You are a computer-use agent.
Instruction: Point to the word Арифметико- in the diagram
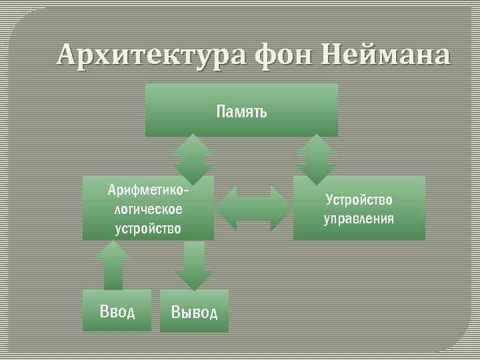click(x=148, y=192)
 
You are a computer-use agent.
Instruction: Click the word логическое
click(x=148, y=210)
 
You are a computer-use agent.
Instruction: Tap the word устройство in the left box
click(x=148, y=228)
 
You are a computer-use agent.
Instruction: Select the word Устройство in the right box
click(x=359, y=199)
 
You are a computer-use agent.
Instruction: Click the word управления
click(x=359, y=218)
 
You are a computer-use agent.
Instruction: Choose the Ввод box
click(x=117, y=311)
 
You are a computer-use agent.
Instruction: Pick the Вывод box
click(x=194, y=311)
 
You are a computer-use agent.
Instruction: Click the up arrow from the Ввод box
click(x=113, y=265)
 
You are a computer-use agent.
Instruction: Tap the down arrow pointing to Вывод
click(x=193, y=265)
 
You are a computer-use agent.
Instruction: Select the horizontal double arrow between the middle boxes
click(x=254, y=208)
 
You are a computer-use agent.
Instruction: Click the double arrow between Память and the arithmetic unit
click(x=193, y=159)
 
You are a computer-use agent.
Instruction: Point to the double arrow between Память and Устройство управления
click(x=317, y=159)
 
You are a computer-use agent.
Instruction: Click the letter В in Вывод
click(x=176, y=312)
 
